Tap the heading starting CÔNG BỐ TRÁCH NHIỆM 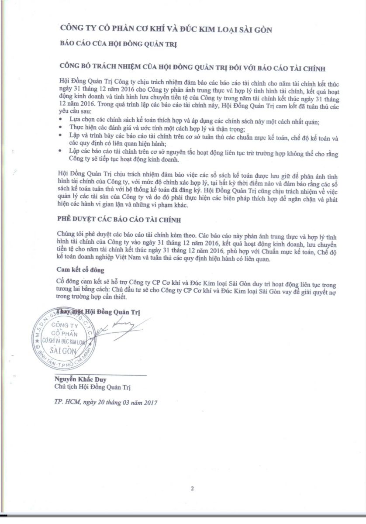pos(192,69)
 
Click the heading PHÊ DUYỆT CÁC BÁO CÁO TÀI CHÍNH pos(118,219)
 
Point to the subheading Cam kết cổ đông pos(80,270)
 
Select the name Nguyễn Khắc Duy pos(80,379)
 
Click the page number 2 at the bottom pos(192,488)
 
